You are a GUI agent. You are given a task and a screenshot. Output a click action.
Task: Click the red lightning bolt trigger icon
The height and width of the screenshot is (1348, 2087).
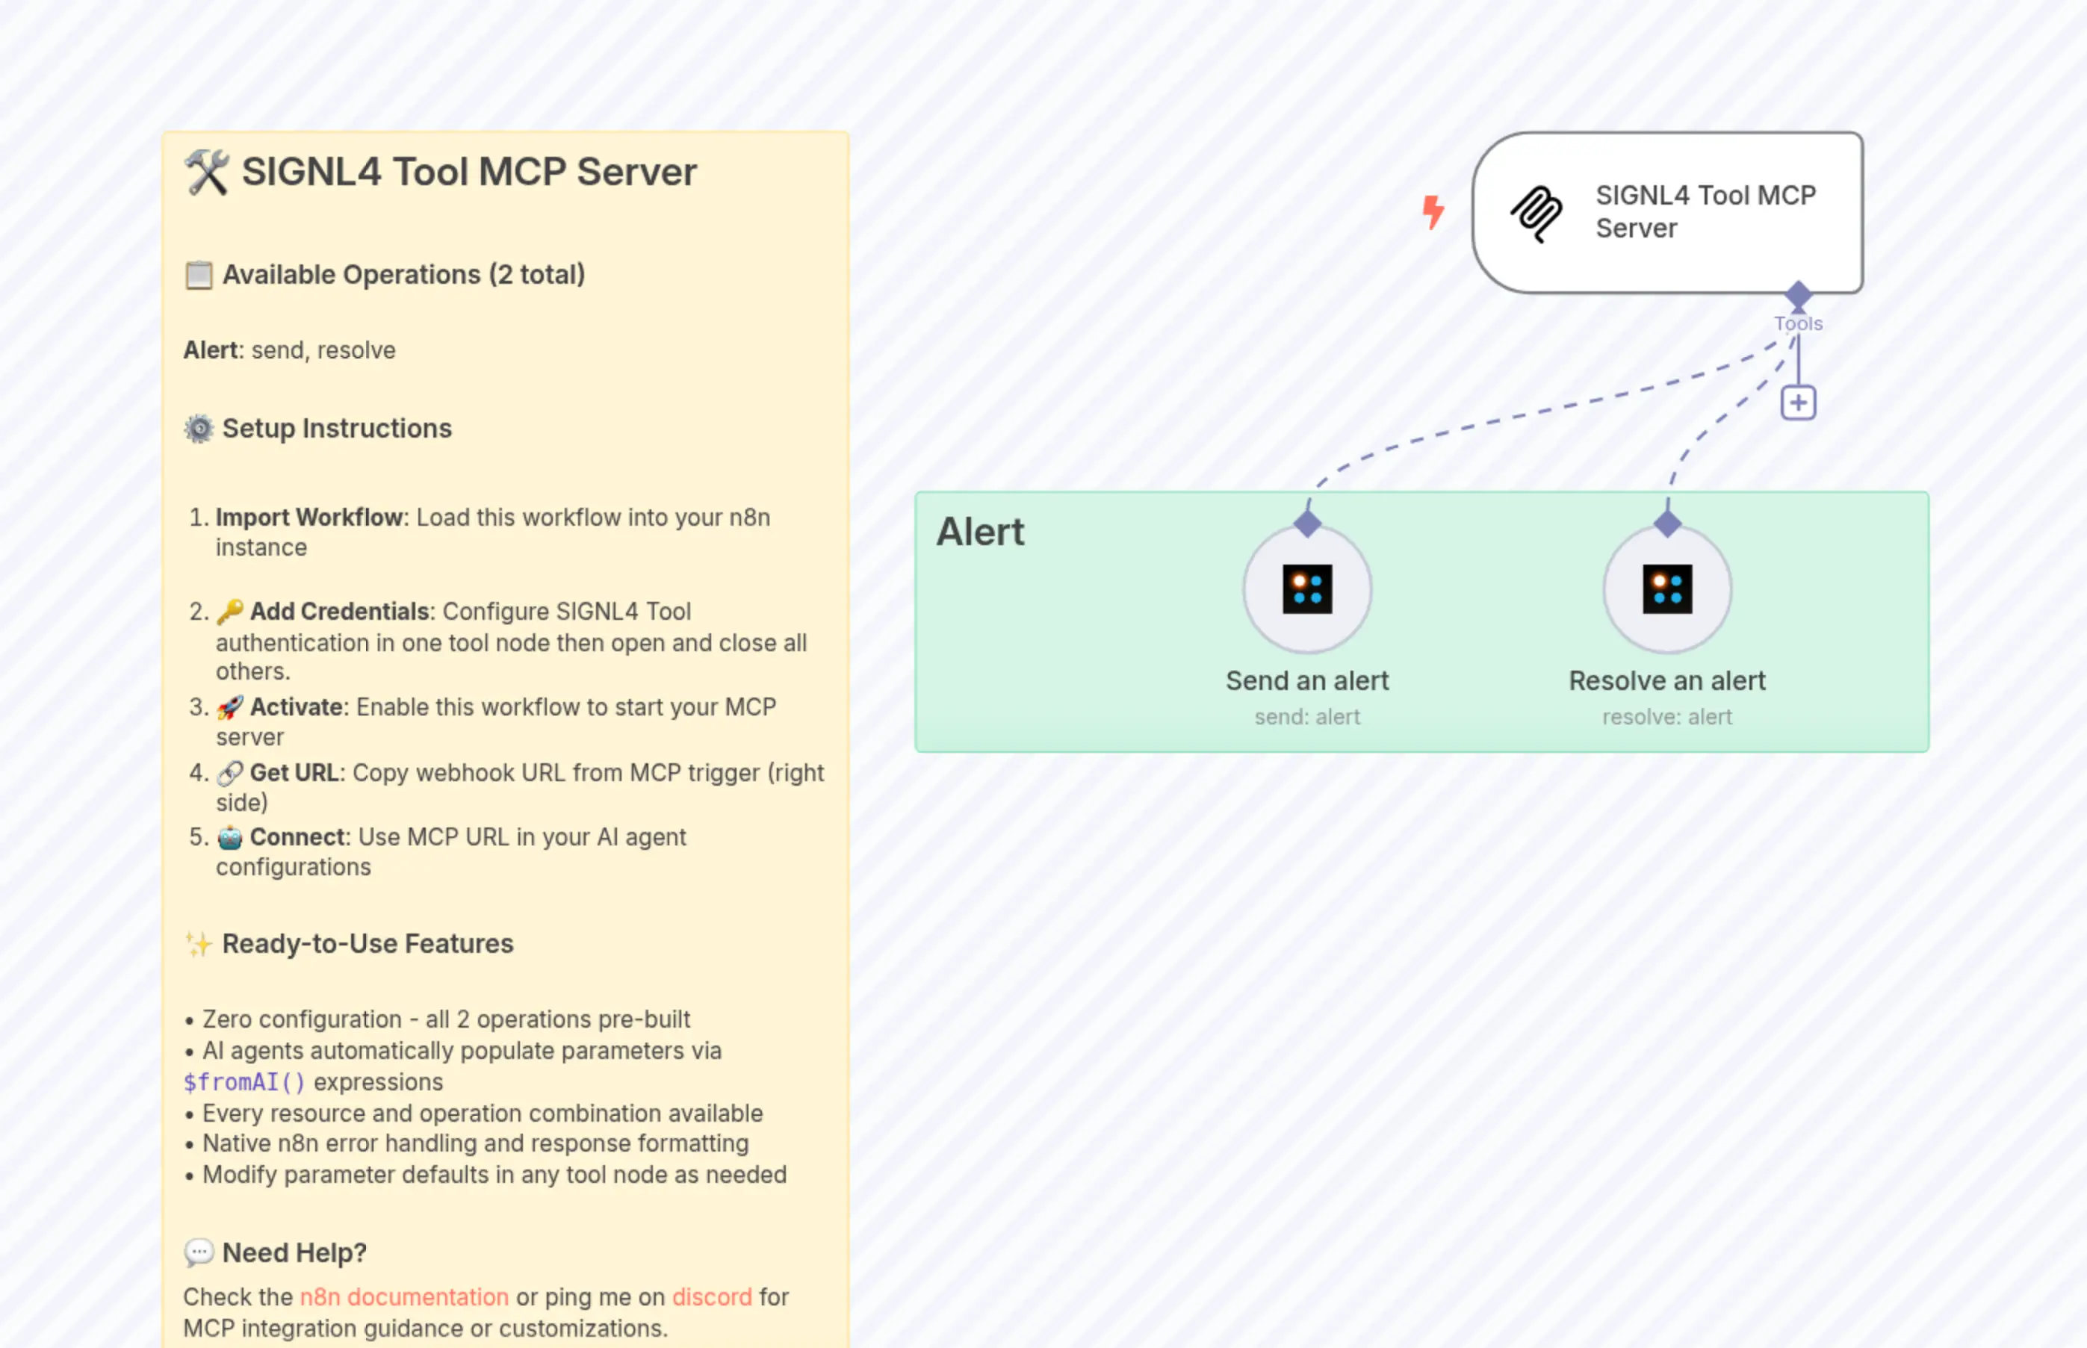(x=1432, y=212)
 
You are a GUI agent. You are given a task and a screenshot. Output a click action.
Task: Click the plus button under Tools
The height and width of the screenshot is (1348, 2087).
(x=1798, y=403)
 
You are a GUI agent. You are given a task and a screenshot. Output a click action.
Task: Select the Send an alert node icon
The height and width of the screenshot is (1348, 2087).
(x=1307, y=589)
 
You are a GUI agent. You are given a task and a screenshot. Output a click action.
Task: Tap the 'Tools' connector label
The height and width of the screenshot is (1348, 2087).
(x=1798, y=324)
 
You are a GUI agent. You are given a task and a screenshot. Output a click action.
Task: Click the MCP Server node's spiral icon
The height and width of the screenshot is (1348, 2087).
(x=1536, y=213)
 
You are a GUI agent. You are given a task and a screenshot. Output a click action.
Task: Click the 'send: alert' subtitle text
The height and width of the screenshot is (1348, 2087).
(x=1307, y=717)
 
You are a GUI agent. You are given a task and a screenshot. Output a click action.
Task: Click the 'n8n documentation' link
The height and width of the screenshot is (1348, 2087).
(x=403, y=1296)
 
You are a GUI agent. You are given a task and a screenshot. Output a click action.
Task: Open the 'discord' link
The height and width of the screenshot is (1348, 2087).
(x=712, y=1296)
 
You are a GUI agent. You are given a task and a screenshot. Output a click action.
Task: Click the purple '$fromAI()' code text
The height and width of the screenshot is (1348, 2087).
(x=244, y=1082)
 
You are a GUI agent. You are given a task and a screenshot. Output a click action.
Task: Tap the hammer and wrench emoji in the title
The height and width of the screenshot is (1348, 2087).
(x=207, y=172)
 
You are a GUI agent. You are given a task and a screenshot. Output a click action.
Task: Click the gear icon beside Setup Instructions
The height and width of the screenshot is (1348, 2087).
(x=199, y=428)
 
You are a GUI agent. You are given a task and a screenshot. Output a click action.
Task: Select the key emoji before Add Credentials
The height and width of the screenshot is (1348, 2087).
(x=229, y=611)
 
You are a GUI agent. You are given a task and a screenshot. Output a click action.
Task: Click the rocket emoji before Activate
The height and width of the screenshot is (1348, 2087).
(x=229, y=706)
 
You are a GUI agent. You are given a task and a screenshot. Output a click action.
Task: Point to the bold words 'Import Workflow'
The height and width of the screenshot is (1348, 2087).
(x=311, y=518)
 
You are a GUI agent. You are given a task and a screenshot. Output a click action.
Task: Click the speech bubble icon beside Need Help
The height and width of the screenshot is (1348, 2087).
(x=199, y=1252)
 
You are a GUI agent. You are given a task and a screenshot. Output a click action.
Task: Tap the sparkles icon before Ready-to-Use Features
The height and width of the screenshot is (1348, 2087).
(x=199, y=944)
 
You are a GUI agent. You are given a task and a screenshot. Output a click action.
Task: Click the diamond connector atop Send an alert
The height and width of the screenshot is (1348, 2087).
(x=1307, y=524)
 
